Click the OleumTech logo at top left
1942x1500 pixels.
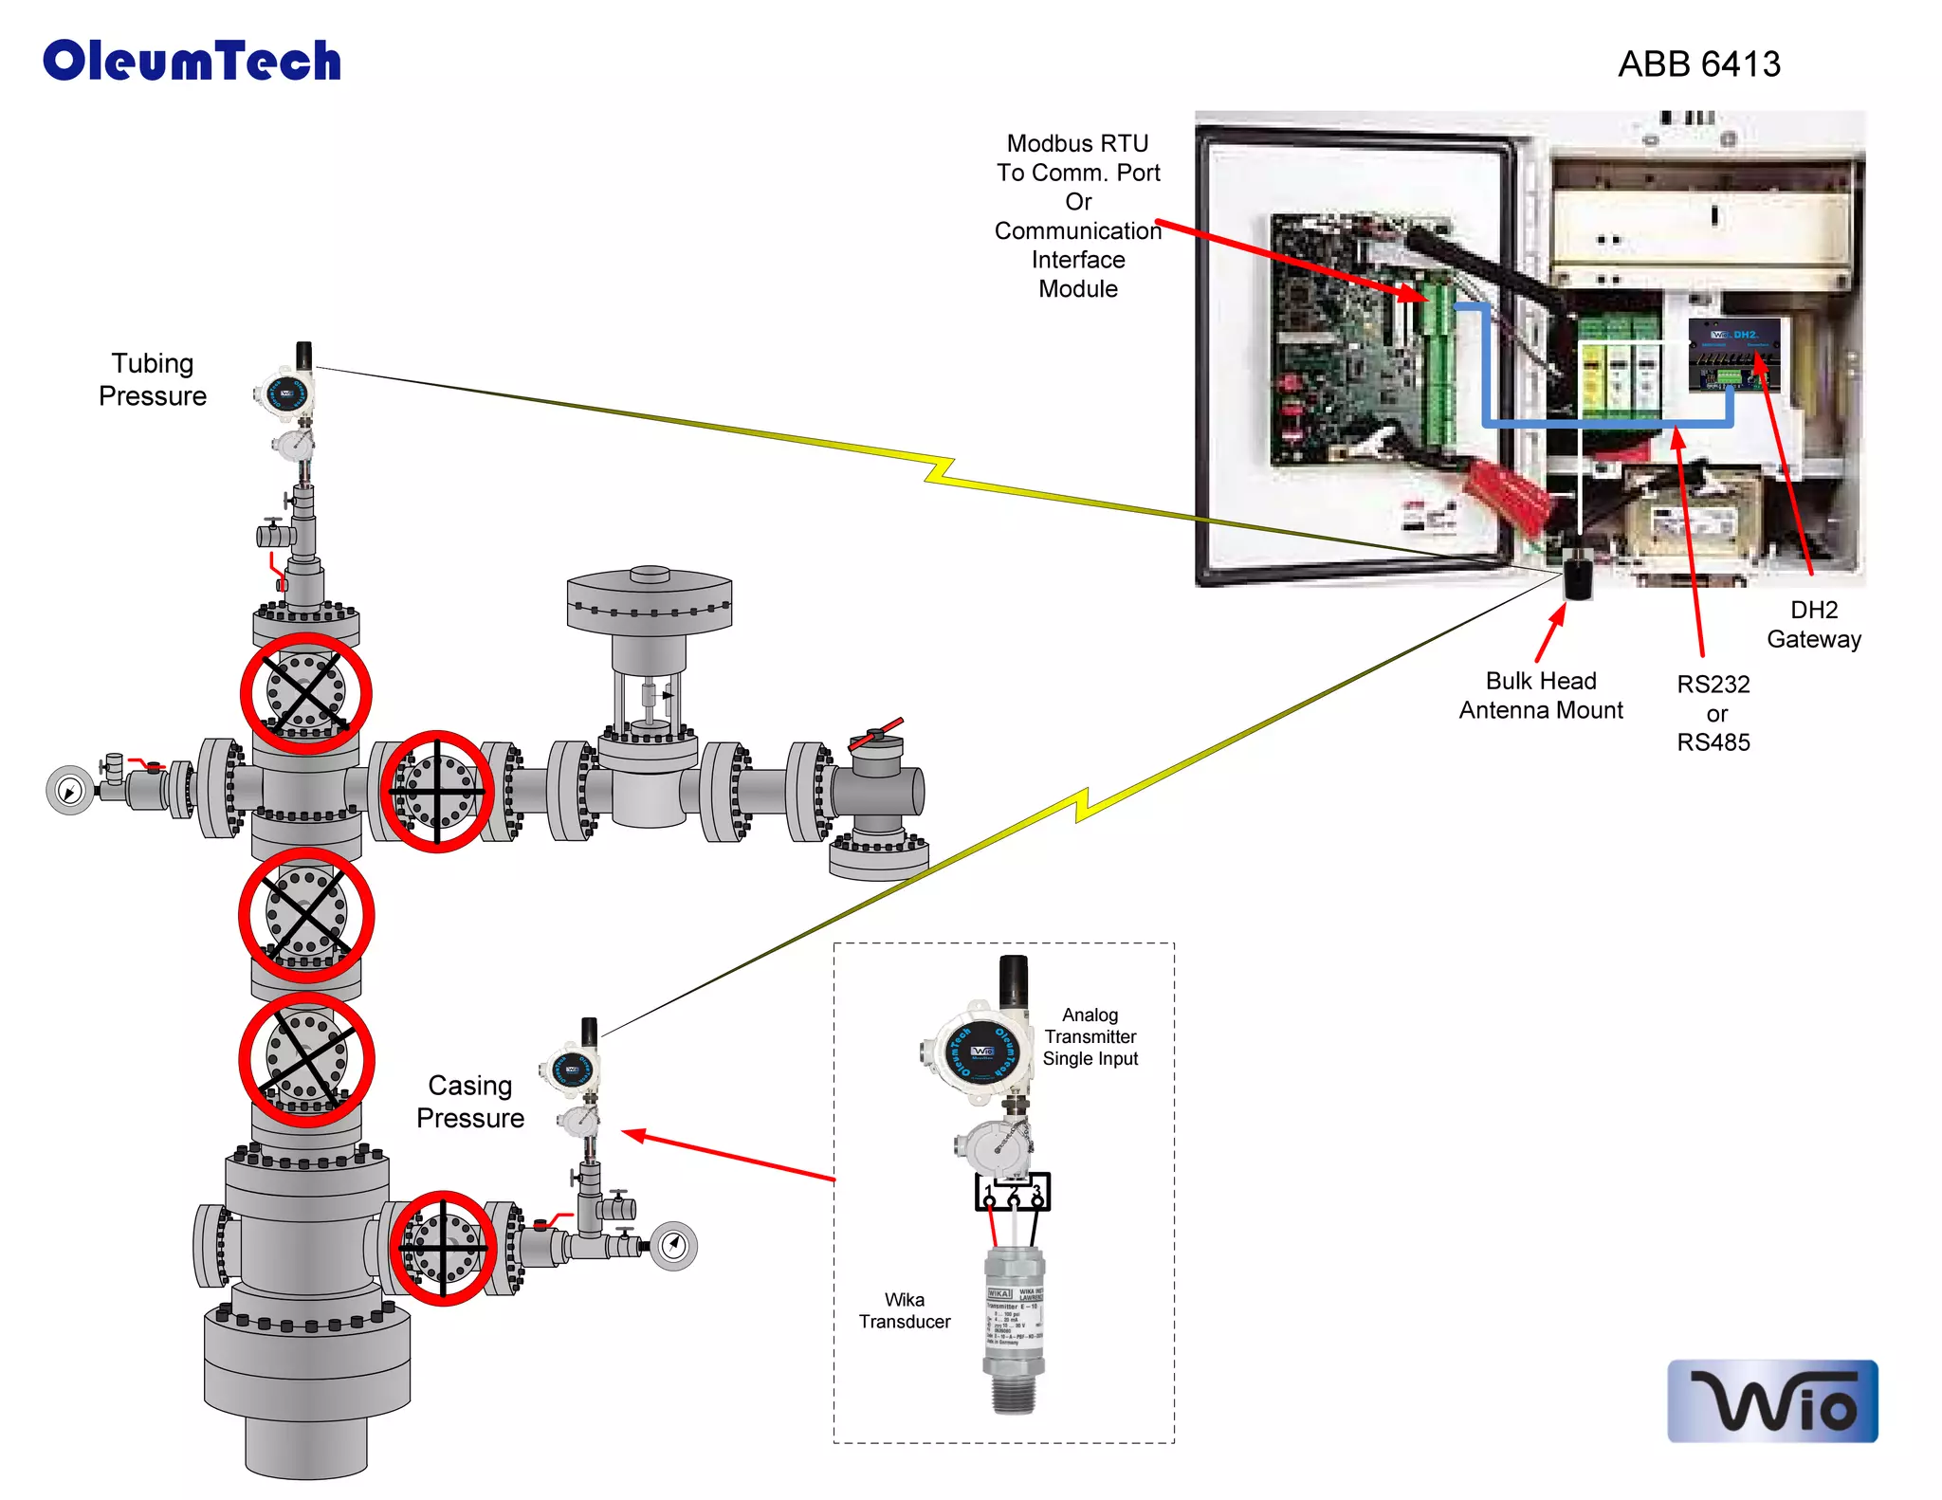click(x=192, y=61)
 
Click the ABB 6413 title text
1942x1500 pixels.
click(x=1698, y=64)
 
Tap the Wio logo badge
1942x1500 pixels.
click(x=1771, y=1400)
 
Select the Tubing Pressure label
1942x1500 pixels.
click(x=152, y=379)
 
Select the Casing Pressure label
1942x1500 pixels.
click(x=469, y=1101)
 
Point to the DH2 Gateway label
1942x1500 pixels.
click(x=1813, y=624)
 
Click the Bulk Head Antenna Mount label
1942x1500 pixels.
click(x=1540, y=695)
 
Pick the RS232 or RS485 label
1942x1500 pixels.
click(x=1713, y=713)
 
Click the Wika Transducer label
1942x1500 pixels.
click(x=904, y=1310)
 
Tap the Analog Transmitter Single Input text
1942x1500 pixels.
click(x=1090, y=1036)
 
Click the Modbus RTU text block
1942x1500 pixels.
click(x=1077, y=216)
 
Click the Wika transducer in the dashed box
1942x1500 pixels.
click(x=1013, y=1327)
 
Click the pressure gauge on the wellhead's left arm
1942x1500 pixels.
click(x=70, y=789)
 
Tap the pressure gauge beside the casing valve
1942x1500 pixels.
click(x=673, y=1245)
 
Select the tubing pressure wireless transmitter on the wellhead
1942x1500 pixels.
click(x=287, y=392)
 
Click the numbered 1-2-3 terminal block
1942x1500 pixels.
click(x=1012, y=1193)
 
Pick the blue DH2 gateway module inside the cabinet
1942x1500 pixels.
click(x=1733, y=356)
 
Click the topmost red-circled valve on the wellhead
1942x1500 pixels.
click(x=305, y=693)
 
